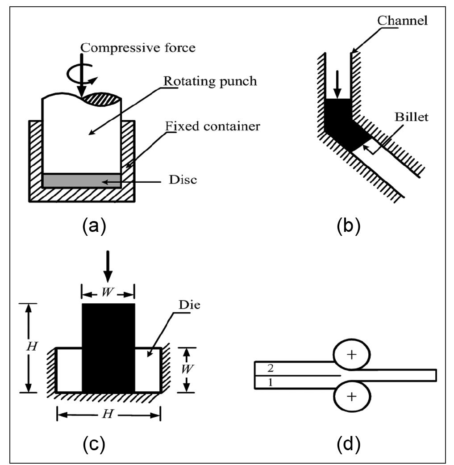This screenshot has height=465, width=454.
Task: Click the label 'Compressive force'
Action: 136,47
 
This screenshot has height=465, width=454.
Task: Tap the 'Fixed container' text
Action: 212,126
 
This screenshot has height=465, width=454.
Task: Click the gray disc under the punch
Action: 82,180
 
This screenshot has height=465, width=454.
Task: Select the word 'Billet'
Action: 411,117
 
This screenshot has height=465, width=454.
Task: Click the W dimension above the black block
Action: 108,294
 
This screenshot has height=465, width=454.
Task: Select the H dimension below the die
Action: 108,415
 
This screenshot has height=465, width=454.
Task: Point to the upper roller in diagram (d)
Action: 352,355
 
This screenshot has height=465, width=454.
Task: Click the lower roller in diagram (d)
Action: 352,397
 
